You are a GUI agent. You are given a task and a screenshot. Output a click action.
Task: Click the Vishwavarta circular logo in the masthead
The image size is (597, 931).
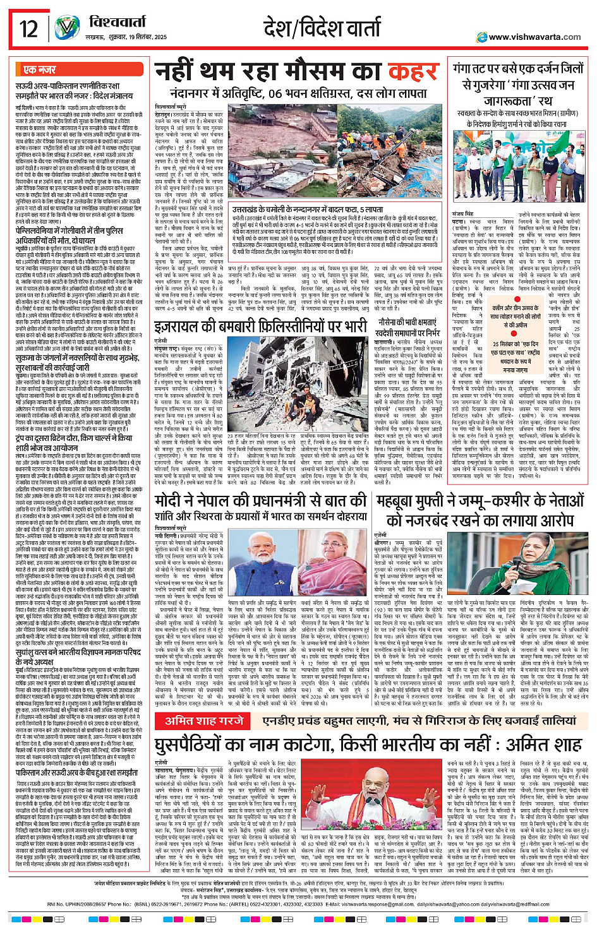[66, 28]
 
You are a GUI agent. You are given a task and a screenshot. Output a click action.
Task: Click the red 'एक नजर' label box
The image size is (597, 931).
[39, 69]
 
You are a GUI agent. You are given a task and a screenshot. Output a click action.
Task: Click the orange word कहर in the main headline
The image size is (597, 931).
[413, 73]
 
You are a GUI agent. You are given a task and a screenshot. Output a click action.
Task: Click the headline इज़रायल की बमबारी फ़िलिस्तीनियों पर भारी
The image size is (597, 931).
[260, 327]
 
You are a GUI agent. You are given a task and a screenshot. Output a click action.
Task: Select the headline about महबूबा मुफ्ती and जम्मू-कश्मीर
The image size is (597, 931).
[478, 510]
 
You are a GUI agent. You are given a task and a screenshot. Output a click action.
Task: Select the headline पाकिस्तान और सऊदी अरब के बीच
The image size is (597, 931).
[77, 772]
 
